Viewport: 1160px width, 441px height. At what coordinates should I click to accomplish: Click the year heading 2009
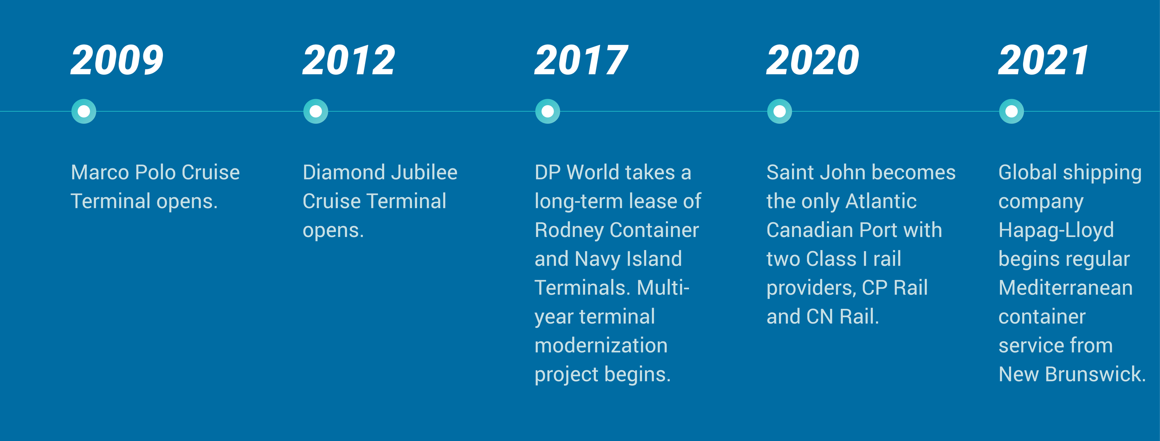point(117,60)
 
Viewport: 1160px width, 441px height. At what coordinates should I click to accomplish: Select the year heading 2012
point(348,60)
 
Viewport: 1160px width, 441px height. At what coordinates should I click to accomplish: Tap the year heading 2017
point(581,60)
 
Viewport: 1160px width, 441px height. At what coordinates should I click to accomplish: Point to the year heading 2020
point(812,60)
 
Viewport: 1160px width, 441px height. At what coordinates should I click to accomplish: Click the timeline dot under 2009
point(84,111)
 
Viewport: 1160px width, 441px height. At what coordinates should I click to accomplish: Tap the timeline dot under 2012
point(316,111)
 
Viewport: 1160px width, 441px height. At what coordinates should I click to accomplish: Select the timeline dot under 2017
point(548,111)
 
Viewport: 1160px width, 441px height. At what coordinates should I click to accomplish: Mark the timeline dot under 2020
point(780,111)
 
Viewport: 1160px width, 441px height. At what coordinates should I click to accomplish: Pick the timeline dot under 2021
point(1012,111)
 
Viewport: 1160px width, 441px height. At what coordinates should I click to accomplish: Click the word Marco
point(99,173)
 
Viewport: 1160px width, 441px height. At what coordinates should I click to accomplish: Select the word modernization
point(601,346)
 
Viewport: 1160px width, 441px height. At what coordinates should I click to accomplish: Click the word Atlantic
point(881,202)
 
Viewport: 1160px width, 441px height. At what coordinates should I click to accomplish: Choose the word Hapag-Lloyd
point(1056,230)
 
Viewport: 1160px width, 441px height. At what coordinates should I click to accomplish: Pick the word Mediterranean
point(1065,288)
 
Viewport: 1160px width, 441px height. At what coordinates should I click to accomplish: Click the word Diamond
point(344,173)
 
